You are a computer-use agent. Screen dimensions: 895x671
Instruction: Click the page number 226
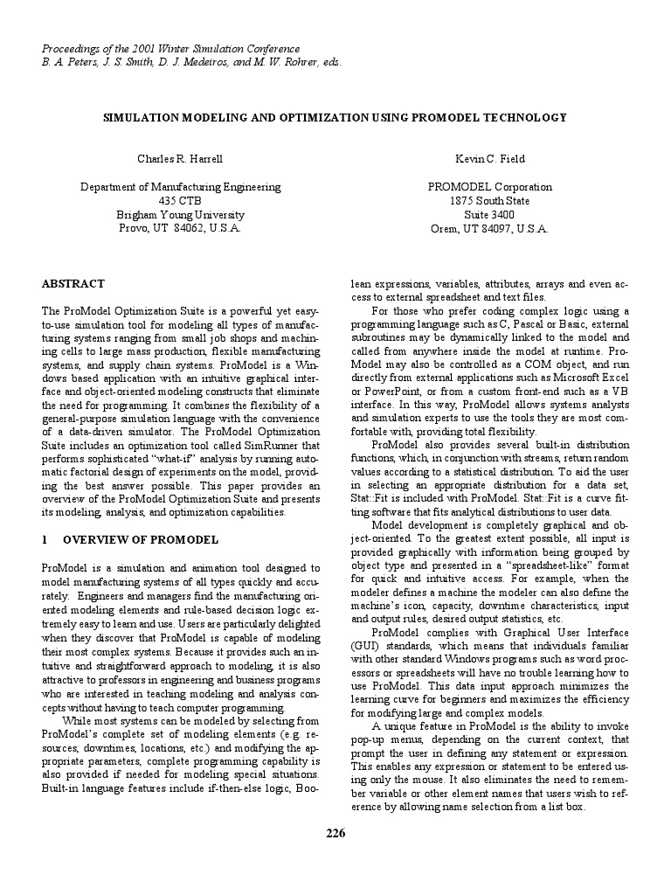[x=335, y=833]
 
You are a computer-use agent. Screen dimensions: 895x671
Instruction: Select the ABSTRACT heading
[x=73, y=284]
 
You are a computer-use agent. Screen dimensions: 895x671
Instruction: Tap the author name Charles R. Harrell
[x=181, y=159]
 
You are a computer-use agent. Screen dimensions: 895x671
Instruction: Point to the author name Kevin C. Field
[x=490, y=159]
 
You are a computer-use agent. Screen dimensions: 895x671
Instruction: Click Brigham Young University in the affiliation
[x=181, y=214]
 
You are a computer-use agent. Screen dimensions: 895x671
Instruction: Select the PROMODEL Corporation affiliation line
[x=490, y=187]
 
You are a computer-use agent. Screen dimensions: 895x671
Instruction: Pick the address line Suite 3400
[x=490, y=214]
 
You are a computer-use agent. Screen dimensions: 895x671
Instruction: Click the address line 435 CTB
[x=181, y=201]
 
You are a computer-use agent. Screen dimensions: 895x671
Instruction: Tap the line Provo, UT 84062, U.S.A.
[x=181, y=228]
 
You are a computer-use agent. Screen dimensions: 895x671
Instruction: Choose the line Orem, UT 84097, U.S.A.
[x=490, y=228]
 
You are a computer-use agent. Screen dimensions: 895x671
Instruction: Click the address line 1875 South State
[x=490, y=201]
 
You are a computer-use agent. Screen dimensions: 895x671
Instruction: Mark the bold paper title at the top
[x=335, y=117]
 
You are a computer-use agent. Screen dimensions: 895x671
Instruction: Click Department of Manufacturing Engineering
[x=181, y=187]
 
